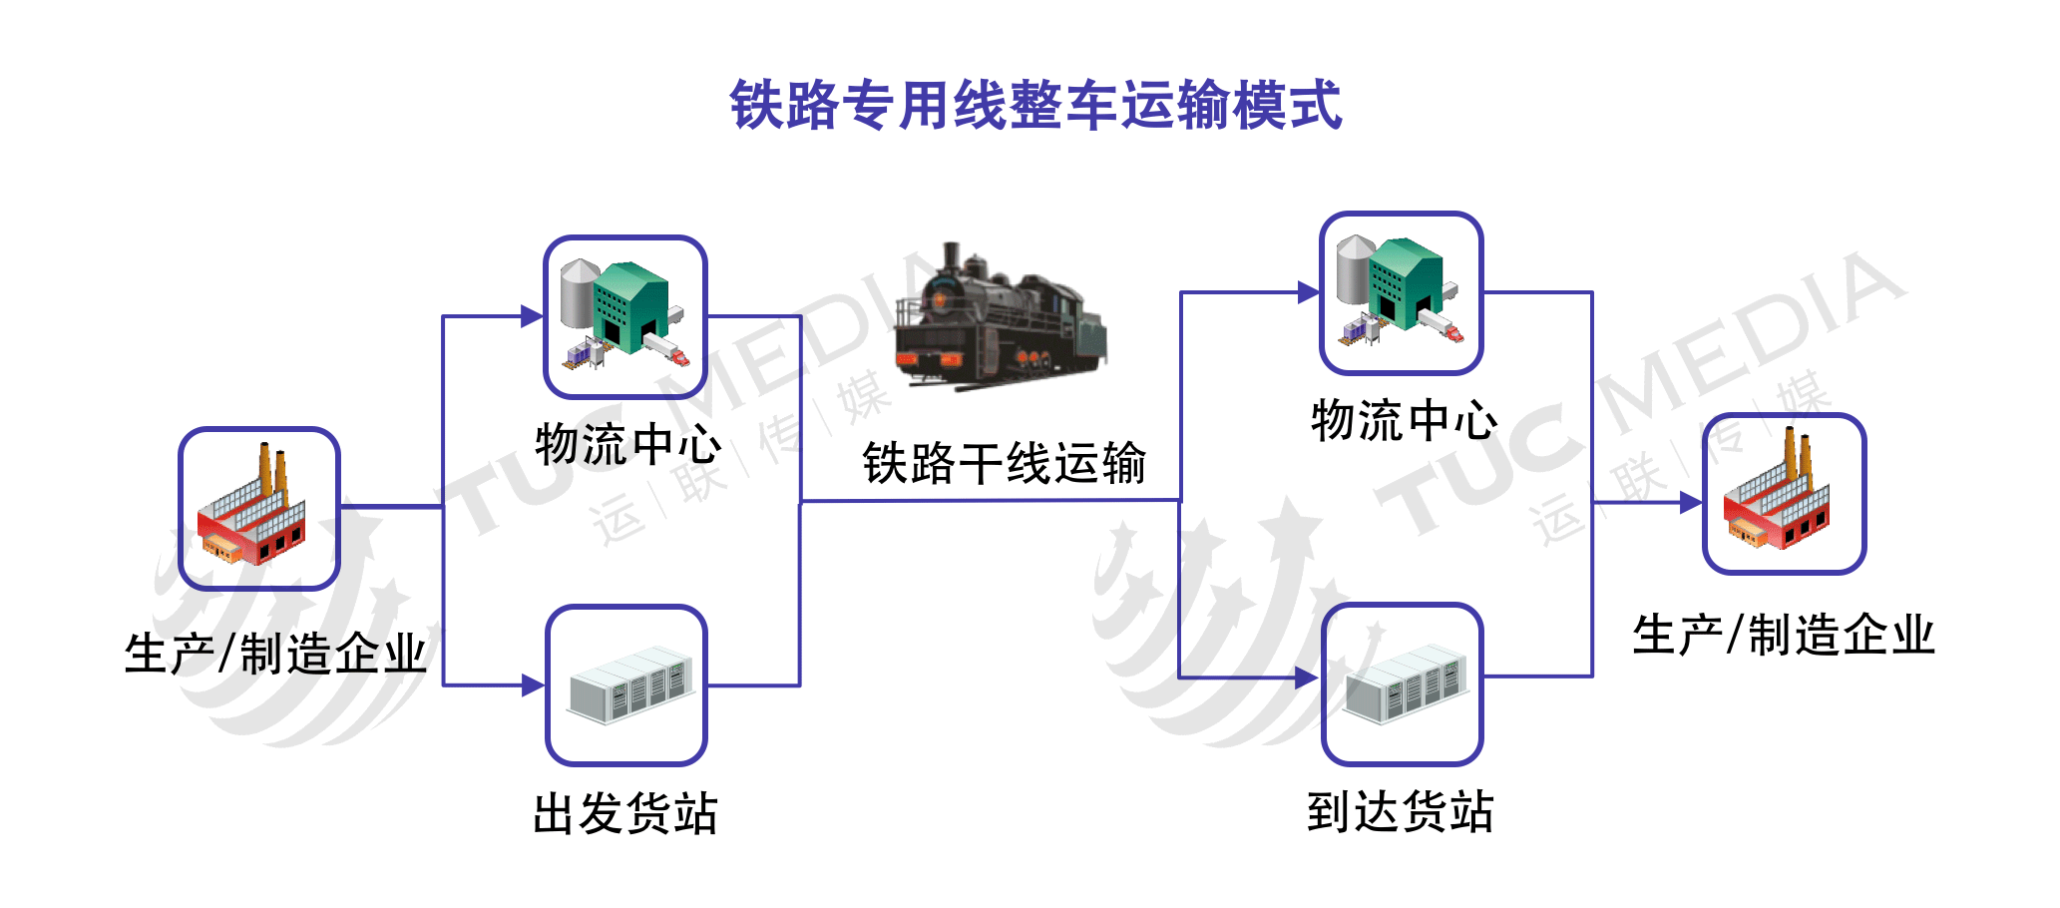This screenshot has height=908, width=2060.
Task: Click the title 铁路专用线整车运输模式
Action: (x=1035, y=105)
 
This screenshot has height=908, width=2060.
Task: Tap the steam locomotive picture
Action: (x=1001, y=316)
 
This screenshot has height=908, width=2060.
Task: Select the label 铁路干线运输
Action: (x=1005, y=464)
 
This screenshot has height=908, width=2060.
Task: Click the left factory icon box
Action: (x=259, y=509)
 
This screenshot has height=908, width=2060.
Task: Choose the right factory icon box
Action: (x=1784, y=494)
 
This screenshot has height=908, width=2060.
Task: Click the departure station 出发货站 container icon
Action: (x=626, y=685)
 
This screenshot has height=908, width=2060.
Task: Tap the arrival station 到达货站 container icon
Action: (x=1402, y=683)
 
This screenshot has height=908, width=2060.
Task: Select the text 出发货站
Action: (x=625, y=813)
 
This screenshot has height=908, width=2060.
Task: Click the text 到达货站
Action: (x=1401, y=811)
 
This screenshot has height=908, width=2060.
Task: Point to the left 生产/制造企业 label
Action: (x=275, y=655)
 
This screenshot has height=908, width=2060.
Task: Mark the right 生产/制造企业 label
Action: (x=1784, y=635)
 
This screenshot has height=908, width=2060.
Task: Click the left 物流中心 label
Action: (x=628, y=444)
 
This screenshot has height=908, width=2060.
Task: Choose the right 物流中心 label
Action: (x=1405, y=420)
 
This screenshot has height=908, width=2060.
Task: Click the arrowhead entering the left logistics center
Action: (x=533, y=316)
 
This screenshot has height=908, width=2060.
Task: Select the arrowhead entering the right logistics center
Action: (x=1309, y=292)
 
